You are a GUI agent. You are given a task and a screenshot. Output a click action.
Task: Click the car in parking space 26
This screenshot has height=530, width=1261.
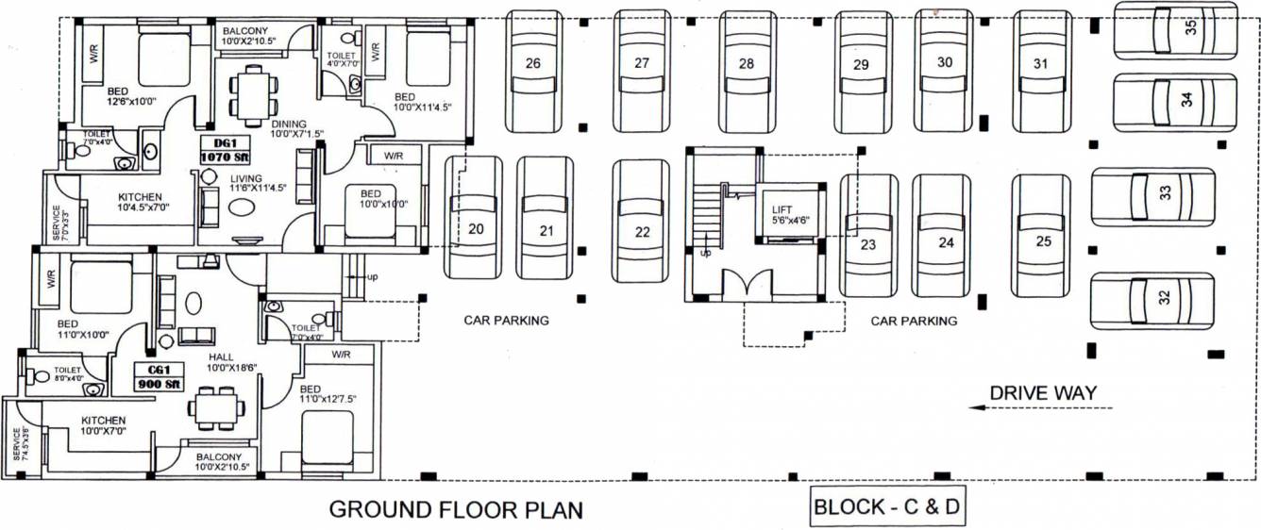pyautogui.click(x=534, y=72)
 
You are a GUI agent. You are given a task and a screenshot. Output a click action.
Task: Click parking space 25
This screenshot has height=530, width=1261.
pyautogui.click(x=1042, y=223)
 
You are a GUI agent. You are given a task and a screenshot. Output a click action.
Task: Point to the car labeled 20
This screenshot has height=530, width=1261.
pyautogui.click(x=474, y=216)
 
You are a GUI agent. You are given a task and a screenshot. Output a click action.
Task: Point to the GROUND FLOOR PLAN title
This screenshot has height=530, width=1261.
pyautogui.click(x=455, y=510)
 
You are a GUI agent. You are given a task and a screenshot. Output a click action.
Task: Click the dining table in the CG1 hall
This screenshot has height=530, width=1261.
pyautogui.click(x=218, y=407)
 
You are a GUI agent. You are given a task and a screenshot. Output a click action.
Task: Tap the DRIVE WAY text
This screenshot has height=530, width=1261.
pyautogui.click(x=1042, y=392)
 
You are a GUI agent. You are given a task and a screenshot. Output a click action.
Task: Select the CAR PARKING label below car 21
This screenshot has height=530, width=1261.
pyautogui.click(x=506, y=321)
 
